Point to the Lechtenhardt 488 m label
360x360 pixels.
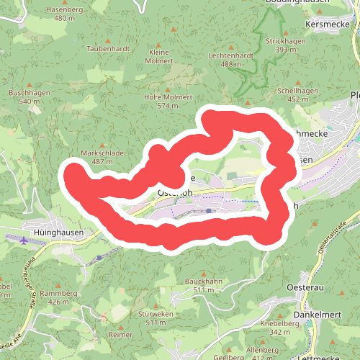click(x=230, y=60)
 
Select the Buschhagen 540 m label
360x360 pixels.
click(x=30, y=97)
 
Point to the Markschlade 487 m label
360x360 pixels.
click(x=103, y=157)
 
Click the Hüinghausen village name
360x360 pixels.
click(x=59, y=233)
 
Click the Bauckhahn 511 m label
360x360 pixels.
click(x=202, y=284)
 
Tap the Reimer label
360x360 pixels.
click(x=120, y=335)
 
